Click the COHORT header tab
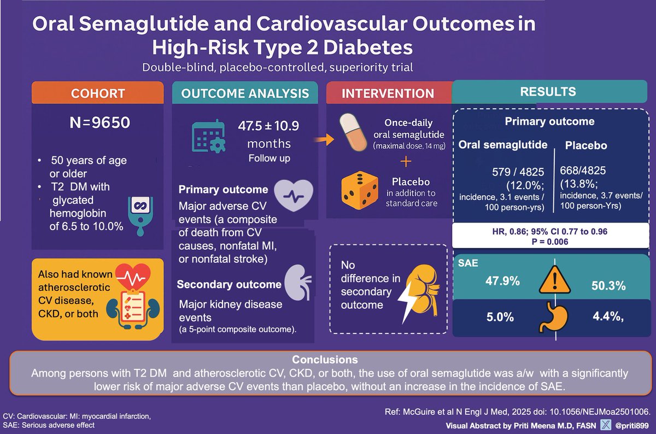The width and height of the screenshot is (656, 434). tap(97, 93)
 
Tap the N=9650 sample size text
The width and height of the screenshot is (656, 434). tap(99, 122)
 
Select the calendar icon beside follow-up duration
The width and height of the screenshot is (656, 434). tap(208, 136)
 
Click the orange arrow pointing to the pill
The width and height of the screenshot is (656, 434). tap(324, 139)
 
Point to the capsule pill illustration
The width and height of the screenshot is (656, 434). tap(353, 132)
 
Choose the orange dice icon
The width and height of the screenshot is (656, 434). tap(360, 190)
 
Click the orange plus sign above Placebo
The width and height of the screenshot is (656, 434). tap(406, 161)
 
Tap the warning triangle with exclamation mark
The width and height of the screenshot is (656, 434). tap(555, 280)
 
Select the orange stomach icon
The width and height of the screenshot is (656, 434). tap(553, 317)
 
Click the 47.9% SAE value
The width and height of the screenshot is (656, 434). tap(502, 281)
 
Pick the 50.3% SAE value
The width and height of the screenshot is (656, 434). tap(608, 285)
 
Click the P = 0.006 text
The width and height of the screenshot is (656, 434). tap(550, 242)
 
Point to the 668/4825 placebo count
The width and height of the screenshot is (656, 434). tap(583, 171)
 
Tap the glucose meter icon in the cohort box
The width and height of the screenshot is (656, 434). tap(140, 216)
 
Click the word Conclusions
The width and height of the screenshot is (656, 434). tap(325, 359)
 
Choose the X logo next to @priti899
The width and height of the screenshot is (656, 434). tap(606, 425)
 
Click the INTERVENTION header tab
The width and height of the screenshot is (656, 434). tap(388, 93)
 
